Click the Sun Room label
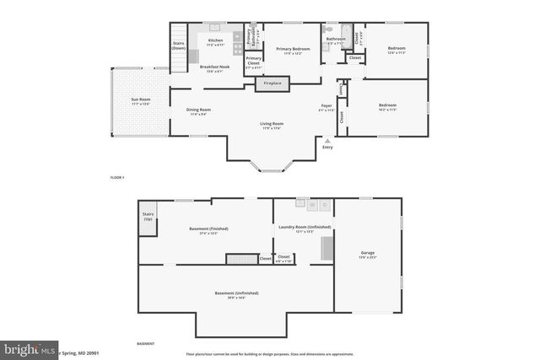[x=140, y=102]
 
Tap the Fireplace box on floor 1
[x=273, y=83]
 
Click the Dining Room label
[x=198, y=110]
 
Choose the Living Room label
[x=271, y=126]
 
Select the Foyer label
[x=327, y=107]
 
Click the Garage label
[x=367, y=253]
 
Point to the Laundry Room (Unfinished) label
[x=304, y=228]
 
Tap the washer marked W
[x=311, y=205]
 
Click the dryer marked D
[x=325, y=205]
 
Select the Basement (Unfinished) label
[x=236, y=294]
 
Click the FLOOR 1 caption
[x=117, y=178]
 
